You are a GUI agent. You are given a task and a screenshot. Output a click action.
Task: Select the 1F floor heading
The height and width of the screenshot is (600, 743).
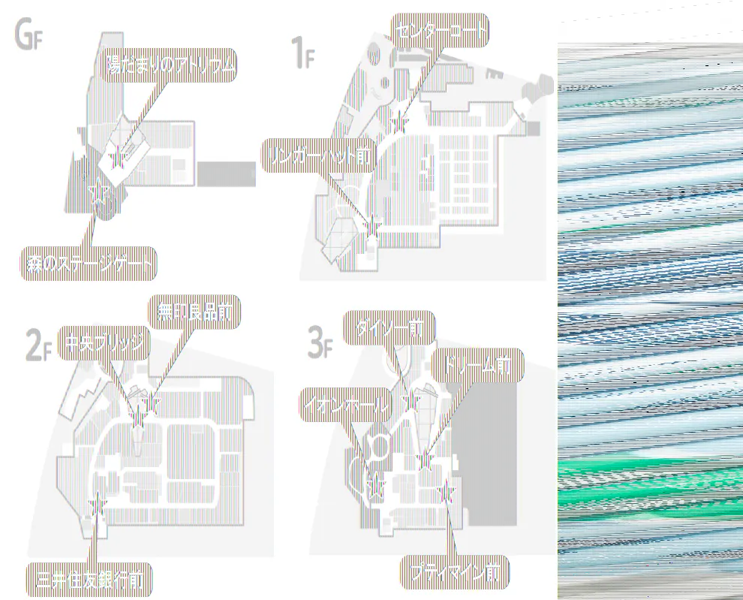tap(302, 54)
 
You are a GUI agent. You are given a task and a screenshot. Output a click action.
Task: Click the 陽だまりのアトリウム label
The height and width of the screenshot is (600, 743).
tap(170, 67)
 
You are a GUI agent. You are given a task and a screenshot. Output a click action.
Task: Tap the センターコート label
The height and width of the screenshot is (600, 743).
tap(441, 31)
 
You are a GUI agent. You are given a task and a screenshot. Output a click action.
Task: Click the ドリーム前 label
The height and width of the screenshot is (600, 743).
tap(477, 366)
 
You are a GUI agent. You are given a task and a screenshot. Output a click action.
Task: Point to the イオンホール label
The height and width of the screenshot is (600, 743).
tap(346, 406)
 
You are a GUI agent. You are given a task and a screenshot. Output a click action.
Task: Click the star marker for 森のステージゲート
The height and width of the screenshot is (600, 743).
tap(97, 194)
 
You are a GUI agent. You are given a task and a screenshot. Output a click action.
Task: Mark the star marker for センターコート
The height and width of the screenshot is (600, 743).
tap(400, 122)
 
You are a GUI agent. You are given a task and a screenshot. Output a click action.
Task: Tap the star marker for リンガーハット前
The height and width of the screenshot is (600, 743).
tap(371, 224)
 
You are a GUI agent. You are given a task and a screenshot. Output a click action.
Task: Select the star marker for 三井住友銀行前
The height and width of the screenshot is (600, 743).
tap(97, 505)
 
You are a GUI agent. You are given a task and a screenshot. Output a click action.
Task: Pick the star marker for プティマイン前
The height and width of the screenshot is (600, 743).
tap(447, 492)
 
